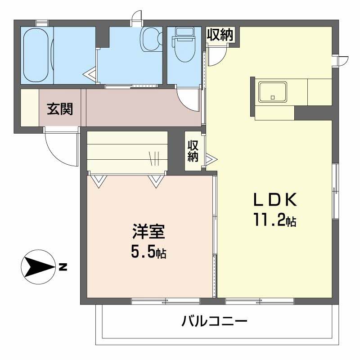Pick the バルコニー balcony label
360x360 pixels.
coord(215,322)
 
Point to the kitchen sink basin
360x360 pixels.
coord(273,92)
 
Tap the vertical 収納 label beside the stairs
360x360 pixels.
coord(193,151)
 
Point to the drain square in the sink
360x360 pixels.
coord(272,97)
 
